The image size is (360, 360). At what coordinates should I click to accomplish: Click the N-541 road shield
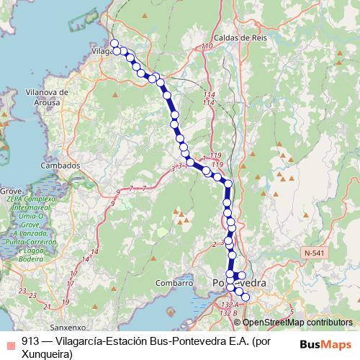tap(314, 253)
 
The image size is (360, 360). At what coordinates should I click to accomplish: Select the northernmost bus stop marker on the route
tap(114, 44)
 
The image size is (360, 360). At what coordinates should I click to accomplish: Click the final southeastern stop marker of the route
tap(245, 297)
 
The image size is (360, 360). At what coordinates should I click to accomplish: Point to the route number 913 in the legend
tap(30, 343)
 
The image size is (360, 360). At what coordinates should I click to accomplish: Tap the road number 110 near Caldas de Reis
tap(208, 47)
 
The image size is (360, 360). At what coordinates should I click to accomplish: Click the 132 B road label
tap(229, 313)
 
